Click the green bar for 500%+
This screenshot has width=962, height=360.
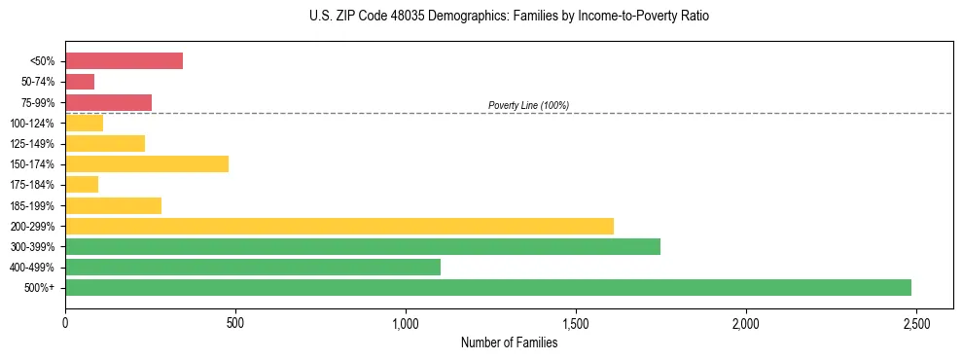[x=487, y=287]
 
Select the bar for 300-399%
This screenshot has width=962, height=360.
[x=362, y=246]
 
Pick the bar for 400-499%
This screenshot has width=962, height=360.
[x=252, y=267]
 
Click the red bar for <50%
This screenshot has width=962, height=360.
[x=124, y=61]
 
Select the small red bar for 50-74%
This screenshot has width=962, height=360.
[x=80, y=82]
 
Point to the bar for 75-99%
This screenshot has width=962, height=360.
[x=108, y=102]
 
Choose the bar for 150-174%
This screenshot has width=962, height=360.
[x=146, y=163]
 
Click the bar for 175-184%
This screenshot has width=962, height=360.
[x=82, y=185]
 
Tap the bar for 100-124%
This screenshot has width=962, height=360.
[x=84, y=123]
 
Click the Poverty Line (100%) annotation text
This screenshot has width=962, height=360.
[x=528, y=105]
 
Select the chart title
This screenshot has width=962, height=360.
[x=510, y=17]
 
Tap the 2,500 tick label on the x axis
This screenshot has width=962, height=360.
[x=915, y=323]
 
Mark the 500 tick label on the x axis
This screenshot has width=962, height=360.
[x=235, y=323]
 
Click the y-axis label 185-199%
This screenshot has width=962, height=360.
[x=32, y=205]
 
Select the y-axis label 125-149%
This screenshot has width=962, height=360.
[x=32, y=144]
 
